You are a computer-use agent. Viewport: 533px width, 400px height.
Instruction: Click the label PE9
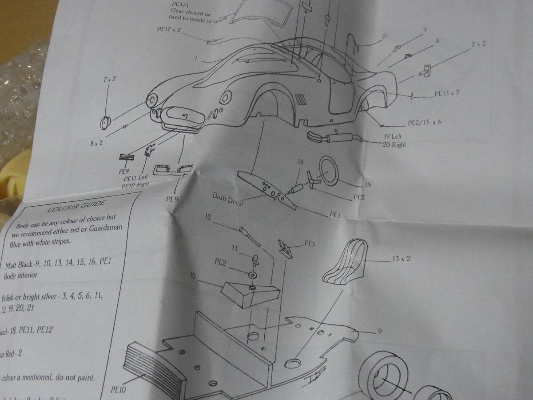pos(172,199)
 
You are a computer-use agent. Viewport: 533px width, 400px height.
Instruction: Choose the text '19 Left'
pos(391,136)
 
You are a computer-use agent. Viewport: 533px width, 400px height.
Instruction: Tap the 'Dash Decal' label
pos(230,198)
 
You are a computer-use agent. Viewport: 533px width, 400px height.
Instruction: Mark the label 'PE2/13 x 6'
pos(425,122)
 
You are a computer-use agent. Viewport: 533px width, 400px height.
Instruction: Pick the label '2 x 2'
pos(478,44)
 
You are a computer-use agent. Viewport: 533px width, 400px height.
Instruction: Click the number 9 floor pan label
pos(379,331)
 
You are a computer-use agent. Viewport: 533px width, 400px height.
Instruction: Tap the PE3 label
pos(310,244)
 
